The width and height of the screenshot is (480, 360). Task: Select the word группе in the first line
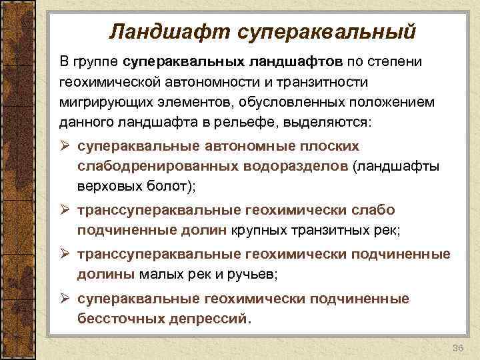coord(96,62)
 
